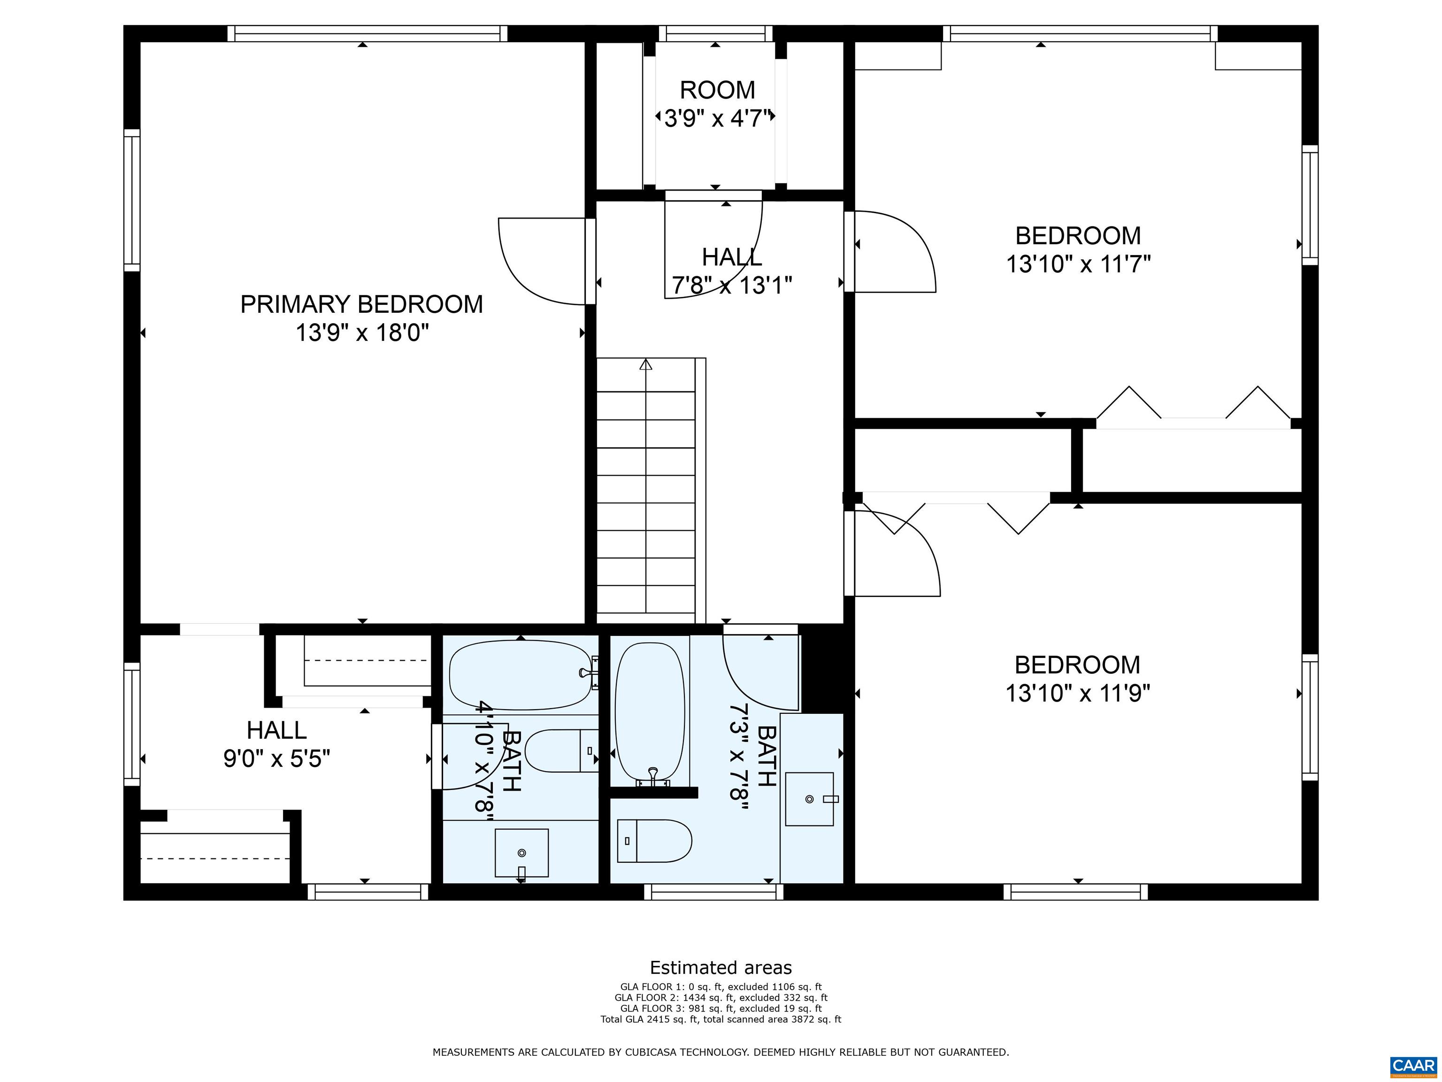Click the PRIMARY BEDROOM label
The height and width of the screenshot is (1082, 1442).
click(362, 305)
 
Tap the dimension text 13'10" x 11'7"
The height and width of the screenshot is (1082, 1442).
click(1078, 264)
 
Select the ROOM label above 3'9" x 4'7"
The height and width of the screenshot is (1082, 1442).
click(717, 90)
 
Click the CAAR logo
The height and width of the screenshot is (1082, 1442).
click(1414, 1066)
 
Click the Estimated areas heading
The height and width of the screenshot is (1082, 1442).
click(721, 968)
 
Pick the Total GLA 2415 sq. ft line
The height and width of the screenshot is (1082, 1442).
click(721, 1020)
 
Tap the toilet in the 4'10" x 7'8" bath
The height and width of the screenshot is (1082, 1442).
click(562, 750)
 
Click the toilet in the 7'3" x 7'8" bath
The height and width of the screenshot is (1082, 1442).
click(654, 841)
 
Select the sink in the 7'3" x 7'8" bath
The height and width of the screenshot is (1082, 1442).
click(810, 799)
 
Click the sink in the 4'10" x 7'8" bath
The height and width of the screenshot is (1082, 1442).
click(522, 853)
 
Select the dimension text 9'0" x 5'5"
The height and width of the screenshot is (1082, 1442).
click(277, 758)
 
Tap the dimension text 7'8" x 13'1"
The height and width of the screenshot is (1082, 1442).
click(732, 285)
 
